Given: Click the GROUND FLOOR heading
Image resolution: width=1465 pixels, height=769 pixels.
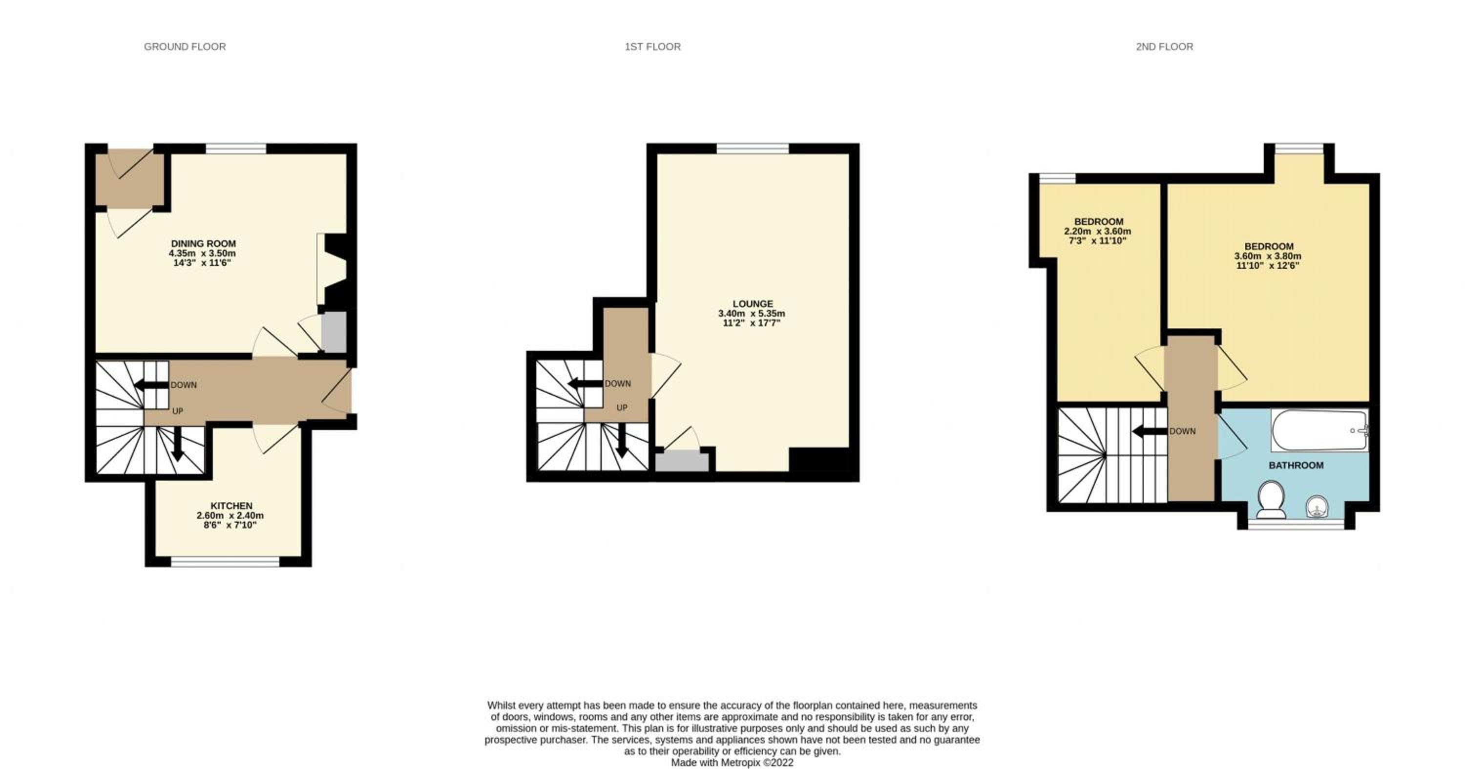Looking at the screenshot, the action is tap(185, 46).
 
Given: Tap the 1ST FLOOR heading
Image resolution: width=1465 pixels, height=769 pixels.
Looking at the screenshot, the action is tap(652, 46).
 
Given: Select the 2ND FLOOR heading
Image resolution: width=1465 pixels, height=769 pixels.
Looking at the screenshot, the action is tap(1164, 46).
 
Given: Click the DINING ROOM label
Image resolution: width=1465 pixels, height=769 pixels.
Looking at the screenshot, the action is tap(203, 243).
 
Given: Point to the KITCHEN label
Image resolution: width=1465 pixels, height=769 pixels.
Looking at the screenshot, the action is tap(231, 506).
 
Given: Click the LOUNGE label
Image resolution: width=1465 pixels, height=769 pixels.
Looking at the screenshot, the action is tap(753, 304).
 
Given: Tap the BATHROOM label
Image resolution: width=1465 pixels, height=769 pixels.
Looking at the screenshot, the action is tap(1296, 465).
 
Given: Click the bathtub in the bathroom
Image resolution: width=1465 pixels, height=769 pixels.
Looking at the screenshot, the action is tap(1319, 430).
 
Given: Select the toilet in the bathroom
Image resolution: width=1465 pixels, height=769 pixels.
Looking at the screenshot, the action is tap(1271, 500).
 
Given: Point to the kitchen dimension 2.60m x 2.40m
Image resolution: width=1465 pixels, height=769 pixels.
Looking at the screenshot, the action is tap(230, 515).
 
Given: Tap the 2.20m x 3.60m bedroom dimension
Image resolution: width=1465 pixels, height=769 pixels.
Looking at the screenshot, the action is tap(1098, 232).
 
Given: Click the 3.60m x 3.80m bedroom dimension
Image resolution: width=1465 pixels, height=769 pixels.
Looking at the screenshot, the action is tap(1268, 256).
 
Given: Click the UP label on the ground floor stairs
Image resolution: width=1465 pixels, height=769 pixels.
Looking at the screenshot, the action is tap(177, 411).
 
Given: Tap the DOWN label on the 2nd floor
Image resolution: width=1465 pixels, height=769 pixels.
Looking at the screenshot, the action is tap(1182, 431).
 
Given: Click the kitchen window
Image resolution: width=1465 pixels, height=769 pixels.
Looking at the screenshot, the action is tap(226, 562).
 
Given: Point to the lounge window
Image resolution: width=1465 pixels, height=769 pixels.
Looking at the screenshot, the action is tap(753, 149).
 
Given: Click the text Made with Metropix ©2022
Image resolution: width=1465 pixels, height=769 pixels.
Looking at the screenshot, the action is tap(732, 763).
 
